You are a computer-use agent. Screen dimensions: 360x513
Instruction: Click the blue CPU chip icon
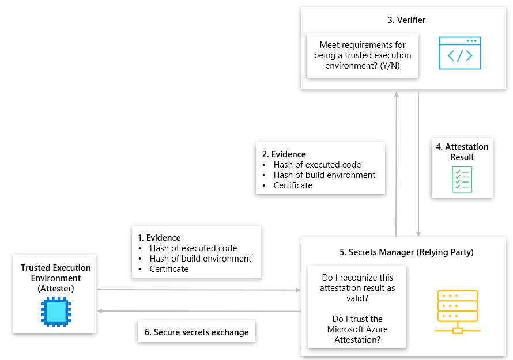(55, 312)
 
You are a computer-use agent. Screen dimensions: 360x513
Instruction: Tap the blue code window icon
(459, 54)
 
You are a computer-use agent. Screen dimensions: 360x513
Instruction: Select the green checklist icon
(462, 179)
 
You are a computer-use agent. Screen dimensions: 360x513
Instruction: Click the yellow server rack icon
(457, 312)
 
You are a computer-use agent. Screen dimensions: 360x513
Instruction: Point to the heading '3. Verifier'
(406, 20)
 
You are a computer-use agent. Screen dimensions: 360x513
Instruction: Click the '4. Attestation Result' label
(462, 152)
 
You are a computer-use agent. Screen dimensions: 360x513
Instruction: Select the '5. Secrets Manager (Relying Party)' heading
(406, 252)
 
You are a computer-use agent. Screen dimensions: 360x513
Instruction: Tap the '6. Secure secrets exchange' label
(197, 332)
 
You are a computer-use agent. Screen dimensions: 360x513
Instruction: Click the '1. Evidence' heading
(159, 238)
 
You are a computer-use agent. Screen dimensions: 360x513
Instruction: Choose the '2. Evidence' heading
(284, 154)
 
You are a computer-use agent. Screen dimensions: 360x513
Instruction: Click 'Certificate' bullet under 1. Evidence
(169, 269)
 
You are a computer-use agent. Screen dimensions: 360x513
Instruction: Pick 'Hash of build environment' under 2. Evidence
(325, 175)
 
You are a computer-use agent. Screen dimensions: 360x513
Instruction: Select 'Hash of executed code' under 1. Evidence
(193, 248)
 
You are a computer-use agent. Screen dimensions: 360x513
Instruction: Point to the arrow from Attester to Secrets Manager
(199, 290)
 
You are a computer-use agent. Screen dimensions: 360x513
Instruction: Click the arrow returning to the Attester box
(199, 311)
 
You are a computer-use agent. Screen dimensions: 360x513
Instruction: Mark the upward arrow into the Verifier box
(396, 161)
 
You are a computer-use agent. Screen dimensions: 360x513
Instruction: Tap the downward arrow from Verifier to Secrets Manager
(418, 161)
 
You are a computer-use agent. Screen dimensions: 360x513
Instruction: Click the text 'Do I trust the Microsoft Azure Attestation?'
(357, 329)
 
